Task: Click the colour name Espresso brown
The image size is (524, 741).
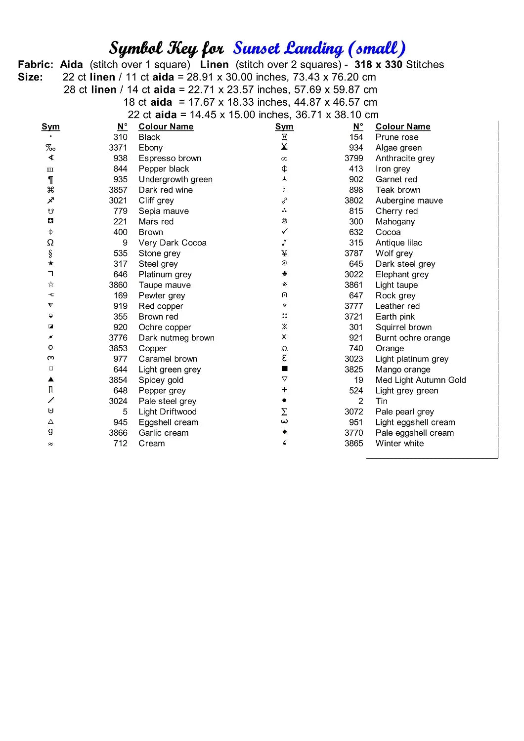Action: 170,159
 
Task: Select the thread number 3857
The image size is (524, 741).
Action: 118,190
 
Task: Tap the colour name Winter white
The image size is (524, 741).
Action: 399,444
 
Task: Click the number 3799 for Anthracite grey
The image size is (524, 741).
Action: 354,159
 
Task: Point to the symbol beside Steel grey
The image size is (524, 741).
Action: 50,264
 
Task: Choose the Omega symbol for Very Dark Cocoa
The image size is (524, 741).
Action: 50,243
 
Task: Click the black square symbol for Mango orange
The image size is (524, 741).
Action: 284,369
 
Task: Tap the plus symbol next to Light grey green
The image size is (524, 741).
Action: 284,390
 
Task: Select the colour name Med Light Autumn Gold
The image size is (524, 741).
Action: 421,380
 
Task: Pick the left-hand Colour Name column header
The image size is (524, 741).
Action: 166,127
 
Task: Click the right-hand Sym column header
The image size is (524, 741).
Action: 284,127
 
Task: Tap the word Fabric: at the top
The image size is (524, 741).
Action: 36,65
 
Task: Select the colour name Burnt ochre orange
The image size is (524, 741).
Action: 413,338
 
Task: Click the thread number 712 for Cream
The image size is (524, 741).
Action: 121,444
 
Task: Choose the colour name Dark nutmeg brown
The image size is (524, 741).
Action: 176,338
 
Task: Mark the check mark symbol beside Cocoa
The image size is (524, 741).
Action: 284,232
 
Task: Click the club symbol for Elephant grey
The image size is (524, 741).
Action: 284,274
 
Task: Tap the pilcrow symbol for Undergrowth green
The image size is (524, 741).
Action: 50,179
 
